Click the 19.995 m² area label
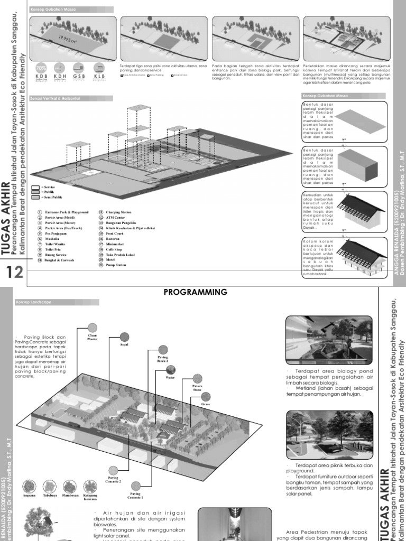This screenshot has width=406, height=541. click(x=68, y=39)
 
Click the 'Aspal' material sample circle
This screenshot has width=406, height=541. click(x=124, y=337)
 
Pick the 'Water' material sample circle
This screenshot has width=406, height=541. click(x=170, y=370)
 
